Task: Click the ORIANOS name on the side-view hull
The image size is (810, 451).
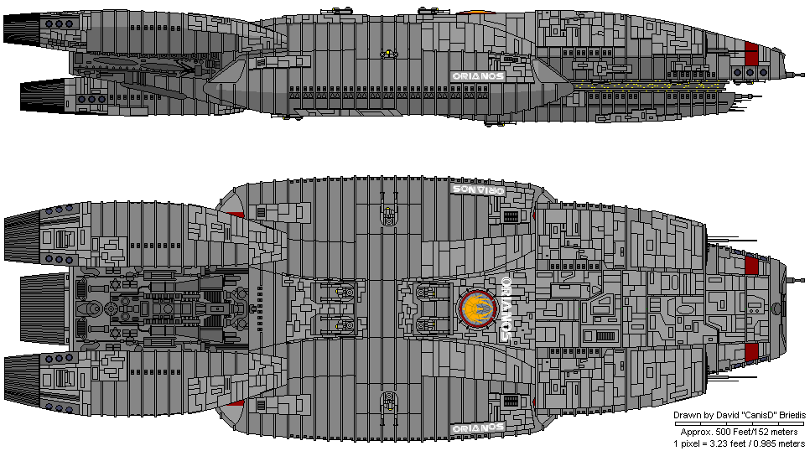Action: point(478,75)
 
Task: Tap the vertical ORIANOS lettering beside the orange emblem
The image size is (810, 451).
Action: point(506,308)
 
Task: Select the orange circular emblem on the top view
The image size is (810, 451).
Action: point(475,309)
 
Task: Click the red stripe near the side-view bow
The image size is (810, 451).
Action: point(751,54)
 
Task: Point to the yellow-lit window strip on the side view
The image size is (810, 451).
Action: point(646,84)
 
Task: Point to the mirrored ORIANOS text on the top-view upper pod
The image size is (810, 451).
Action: point(477,190)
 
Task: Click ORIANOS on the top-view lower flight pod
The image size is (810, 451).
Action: point(477,428)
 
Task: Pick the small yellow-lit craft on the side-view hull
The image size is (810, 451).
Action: point(388,55)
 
